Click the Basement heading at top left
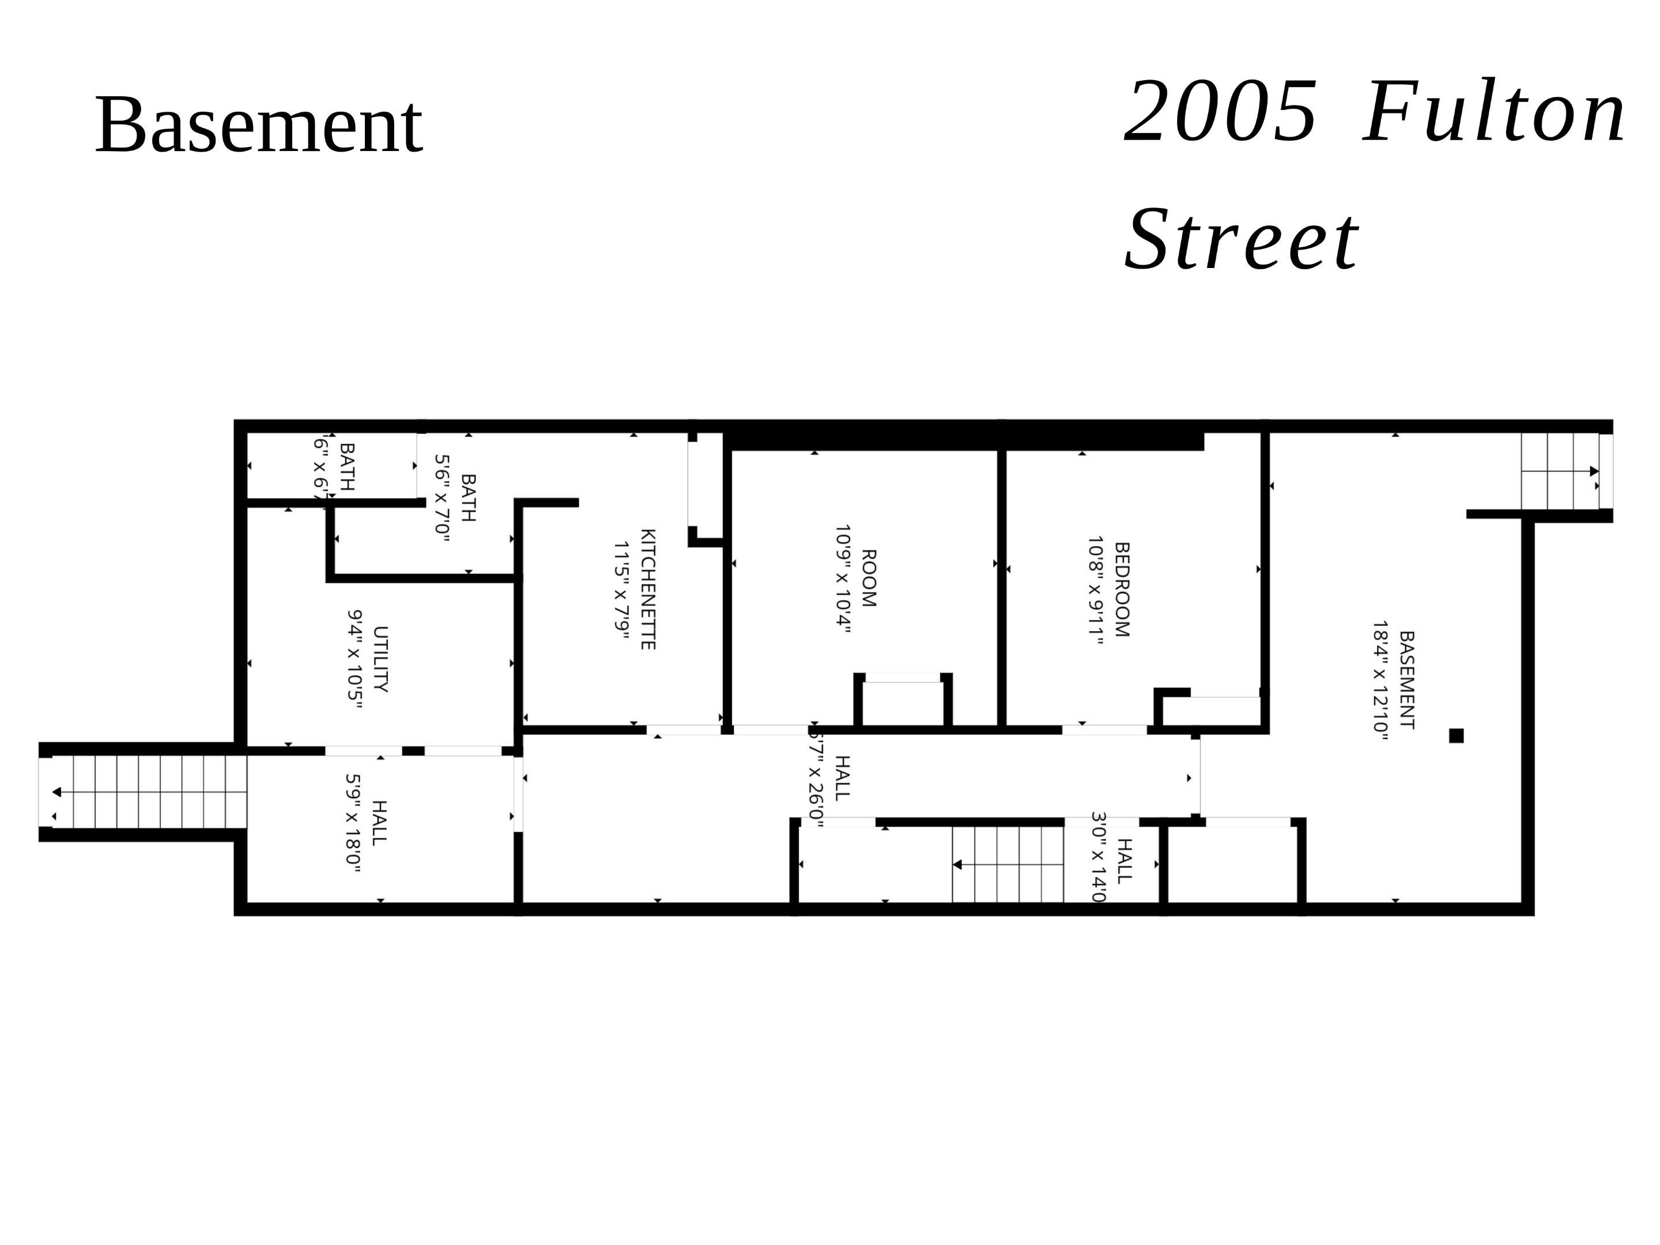(258, 124)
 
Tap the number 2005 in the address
(1220, 112)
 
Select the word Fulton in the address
(1493, 112)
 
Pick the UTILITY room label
(380, 659)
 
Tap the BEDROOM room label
(1121, 589)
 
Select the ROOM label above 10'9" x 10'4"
(868, 578)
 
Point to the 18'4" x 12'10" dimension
(1380, 680)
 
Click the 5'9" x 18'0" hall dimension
(353, 823)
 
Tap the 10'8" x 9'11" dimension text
(1096, 590)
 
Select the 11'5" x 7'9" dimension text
(621, 590)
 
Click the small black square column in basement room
(1456, 735)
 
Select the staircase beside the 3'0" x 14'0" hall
(1008, 865)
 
